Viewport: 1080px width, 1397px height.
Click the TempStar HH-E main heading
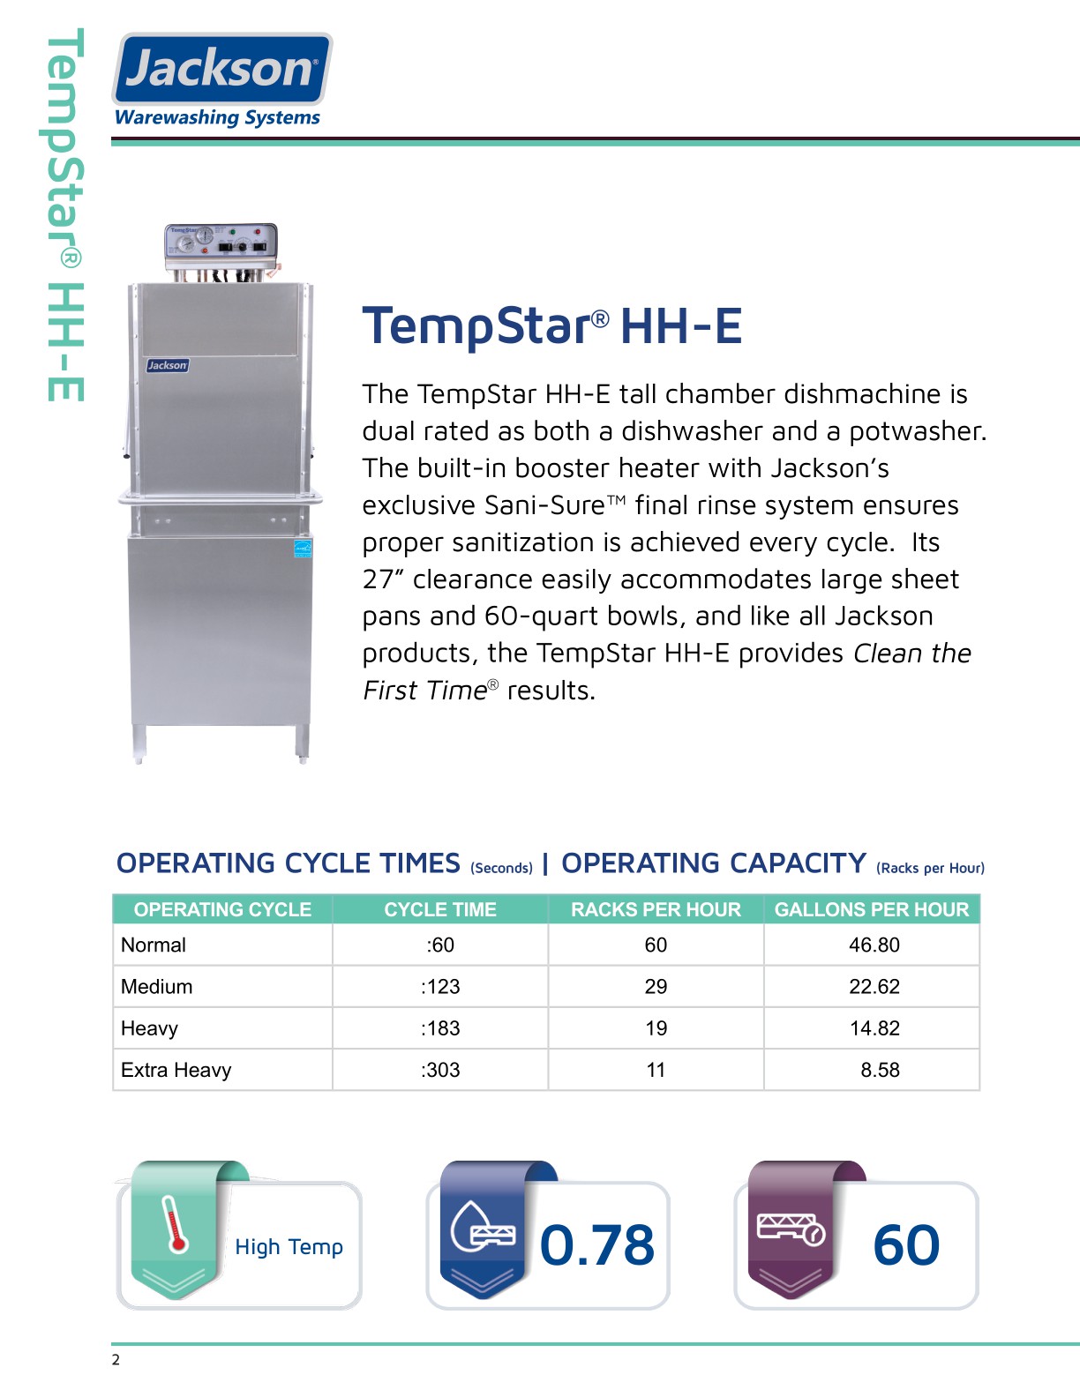551,325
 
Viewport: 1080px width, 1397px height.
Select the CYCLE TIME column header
440,909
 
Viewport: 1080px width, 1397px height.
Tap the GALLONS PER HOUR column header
872,909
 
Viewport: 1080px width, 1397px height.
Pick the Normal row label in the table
154,945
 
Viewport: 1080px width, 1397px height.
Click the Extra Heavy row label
176,1070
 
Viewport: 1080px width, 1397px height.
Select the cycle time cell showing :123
440,986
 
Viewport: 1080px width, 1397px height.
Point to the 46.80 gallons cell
874,945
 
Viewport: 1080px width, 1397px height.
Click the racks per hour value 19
656,1028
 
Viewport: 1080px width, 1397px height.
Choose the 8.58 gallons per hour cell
880,1070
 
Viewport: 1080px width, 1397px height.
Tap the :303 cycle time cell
440,1070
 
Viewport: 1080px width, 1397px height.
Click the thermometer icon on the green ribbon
176,1224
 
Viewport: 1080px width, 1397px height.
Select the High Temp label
289,1246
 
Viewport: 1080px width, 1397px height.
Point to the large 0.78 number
597,1244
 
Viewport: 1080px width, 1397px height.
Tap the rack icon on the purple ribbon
791,1228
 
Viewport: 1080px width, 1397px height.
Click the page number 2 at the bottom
116,1360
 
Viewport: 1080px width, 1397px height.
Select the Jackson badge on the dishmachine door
167,365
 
